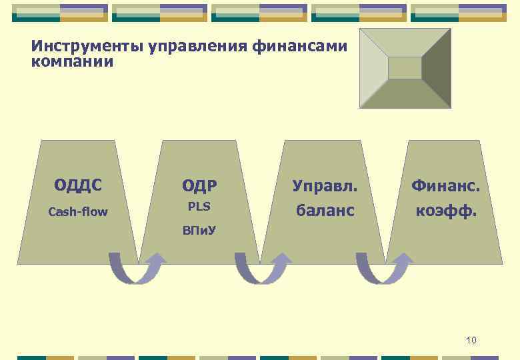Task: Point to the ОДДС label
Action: point(78,185)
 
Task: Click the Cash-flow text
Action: point(78,212)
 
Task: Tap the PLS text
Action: point(199,207)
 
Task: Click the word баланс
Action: point(325,211)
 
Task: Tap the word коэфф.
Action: point(445,211)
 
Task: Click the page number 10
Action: point(471,341)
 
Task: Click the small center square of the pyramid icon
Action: point(405,68)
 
